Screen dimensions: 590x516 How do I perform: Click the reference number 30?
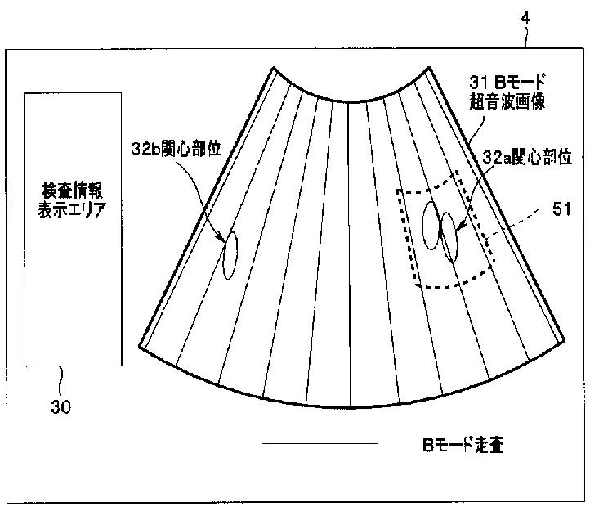coord(60,406)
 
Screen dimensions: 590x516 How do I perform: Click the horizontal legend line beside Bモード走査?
coord(320,444)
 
